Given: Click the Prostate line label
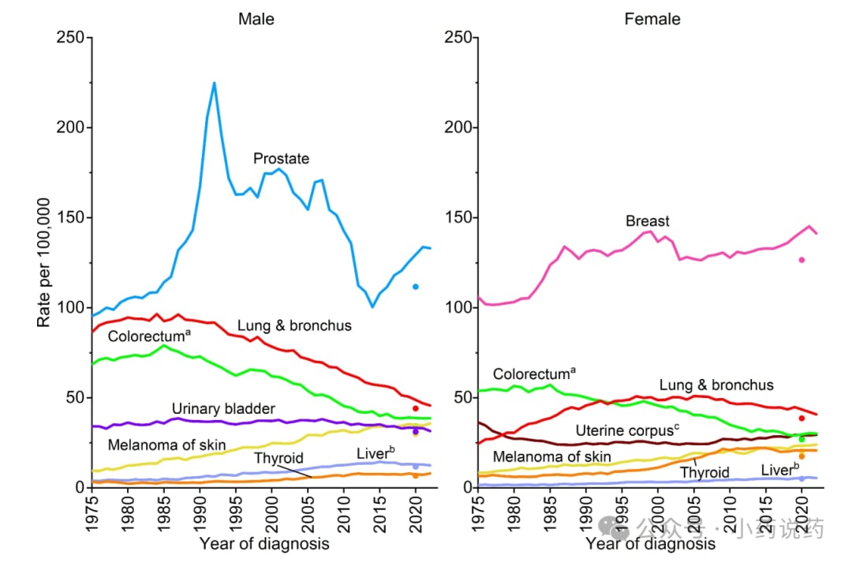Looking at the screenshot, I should (x=281, y=159).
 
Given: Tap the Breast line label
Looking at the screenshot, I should (x=648, y=221).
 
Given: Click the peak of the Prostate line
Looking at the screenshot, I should (x=214, y=83).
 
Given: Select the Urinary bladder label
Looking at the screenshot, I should (x=223, y=408).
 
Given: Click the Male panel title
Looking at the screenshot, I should (x=256, y=19).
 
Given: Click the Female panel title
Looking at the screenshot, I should (x=652, y=19).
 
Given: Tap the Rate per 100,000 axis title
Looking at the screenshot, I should (x=44, y=262).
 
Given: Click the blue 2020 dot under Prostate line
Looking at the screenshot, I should (x=415, y=287).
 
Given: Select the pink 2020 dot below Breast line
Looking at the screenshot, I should (x=802, y=260).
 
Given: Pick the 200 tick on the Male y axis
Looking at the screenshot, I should (x=69, y=128).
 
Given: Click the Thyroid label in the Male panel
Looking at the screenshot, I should (x=278, y=458).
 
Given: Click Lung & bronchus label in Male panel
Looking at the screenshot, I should (x=294, y=325).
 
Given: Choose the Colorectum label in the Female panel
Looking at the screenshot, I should (x=534, y=374).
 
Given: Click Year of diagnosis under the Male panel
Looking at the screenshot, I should (x=264, y=543).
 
